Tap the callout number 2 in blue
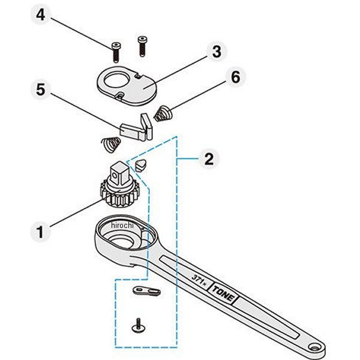208,159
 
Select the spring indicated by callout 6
162,113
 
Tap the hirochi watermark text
123,225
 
